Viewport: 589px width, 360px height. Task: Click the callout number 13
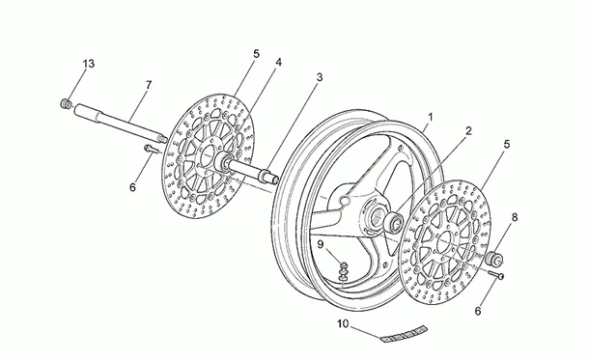(x=89, y=64)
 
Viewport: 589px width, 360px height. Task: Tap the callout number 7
(x=149, y=85)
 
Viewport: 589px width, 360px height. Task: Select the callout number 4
(x=278, y=63)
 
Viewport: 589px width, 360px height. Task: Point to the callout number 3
(x=320, y=77)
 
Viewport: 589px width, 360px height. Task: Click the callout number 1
(x=431, y=117)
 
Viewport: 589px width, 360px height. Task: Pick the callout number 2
(x=468, y=131)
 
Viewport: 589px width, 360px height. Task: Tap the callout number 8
(x=515, y=217)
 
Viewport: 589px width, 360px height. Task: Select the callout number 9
(x=320, y=244)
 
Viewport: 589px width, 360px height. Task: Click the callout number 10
(x=343, y=323)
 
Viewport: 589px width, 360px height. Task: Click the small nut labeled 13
(x=66, y=103)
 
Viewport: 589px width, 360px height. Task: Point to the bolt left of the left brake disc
(x=151, y=149)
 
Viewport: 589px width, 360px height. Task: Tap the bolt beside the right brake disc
(x=496, y=275)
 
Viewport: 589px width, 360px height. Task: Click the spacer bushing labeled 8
(x=494, y=259)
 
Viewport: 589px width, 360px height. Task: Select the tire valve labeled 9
(x=343, y=271)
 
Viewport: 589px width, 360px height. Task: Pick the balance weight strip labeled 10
(x=404, y=334)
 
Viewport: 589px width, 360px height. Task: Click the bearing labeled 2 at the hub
(x=394, y=221)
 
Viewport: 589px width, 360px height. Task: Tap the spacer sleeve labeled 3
(x=270, y=177)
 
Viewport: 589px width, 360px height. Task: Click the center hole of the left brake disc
(x=208, y=156)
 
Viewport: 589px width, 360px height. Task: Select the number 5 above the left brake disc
(x=256, y=54)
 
